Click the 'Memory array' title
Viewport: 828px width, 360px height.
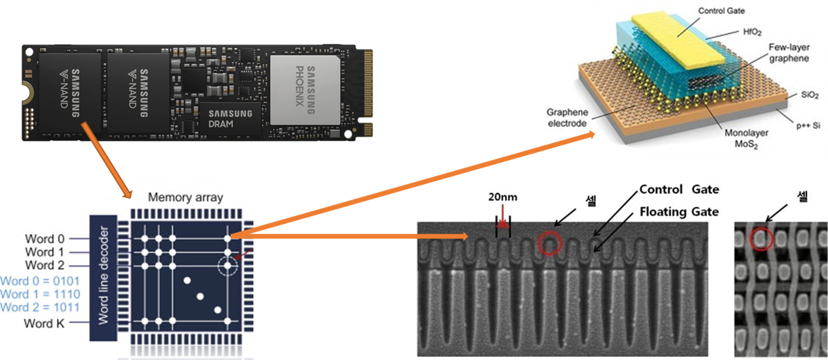185,197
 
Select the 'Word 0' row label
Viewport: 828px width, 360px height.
44,239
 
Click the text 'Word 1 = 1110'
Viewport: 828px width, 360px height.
40,294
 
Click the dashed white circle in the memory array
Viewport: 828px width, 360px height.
227,266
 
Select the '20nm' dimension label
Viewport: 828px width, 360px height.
502,197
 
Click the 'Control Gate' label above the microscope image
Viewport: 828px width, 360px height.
679,189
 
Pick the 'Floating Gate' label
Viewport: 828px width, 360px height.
679,211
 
